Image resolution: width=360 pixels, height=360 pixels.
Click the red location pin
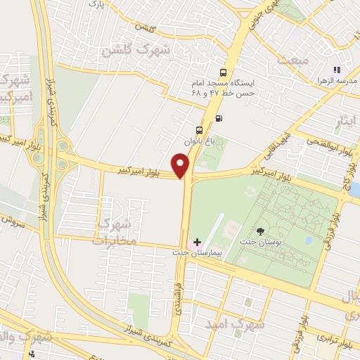coord(182,166)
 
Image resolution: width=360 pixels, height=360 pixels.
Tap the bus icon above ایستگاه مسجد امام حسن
coord(224,72)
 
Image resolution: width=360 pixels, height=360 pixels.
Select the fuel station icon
coord(219,118)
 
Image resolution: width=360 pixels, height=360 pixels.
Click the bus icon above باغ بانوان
coord(199,130)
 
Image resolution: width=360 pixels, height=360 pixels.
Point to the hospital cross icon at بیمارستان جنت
coord(197,242)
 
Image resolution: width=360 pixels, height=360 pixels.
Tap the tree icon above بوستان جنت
coord(261,232)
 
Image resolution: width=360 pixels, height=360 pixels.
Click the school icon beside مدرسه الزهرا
coord(337,70)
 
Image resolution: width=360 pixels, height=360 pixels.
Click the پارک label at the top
coord(96,4)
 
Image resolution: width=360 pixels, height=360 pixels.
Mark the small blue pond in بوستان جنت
coord(309,240)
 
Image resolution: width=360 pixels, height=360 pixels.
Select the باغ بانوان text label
coord(198,141)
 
